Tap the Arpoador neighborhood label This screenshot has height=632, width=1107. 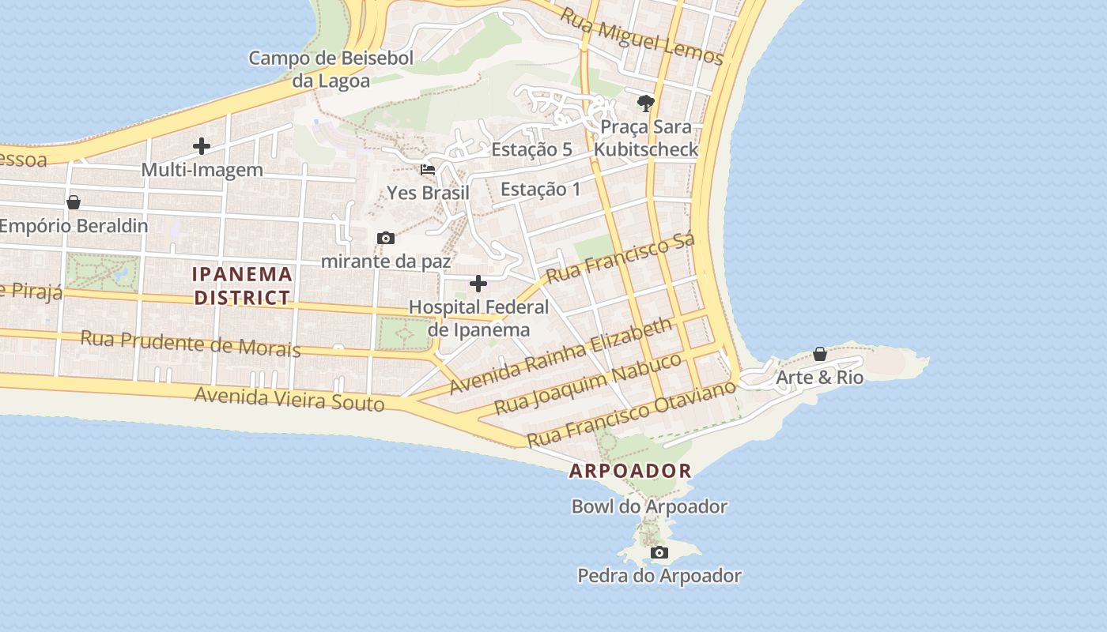coord(630,472)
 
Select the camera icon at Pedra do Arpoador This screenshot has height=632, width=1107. coord(659,552)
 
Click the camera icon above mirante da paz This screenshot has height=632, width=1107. coord(386,238)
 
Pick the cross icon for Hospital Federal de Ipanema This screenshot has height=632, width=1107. coord(478,284)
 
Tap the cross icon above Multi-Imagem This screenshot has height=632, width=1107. coord(202,146)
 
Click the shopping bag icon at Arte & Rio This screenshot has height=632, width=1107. coord(820,354)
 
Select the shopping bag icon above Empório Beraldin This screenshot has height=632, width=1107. coord(74,202)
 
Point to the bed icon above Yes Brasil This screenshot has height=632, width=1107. coord(428,169)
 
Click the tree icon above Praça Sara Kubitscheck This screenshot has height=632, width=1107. coord(646,103)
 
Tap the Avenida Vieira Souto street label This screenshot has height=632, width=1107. coord(289,399)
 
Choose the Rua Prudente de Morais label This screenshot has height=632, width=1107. coord(191,344)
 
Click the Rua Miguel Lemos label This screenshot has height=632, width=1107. coord(641,36)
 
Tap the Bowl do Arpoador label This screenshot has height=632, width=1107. coord(649,506)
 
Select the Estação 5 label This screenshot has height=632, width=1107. coord(531,149)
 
